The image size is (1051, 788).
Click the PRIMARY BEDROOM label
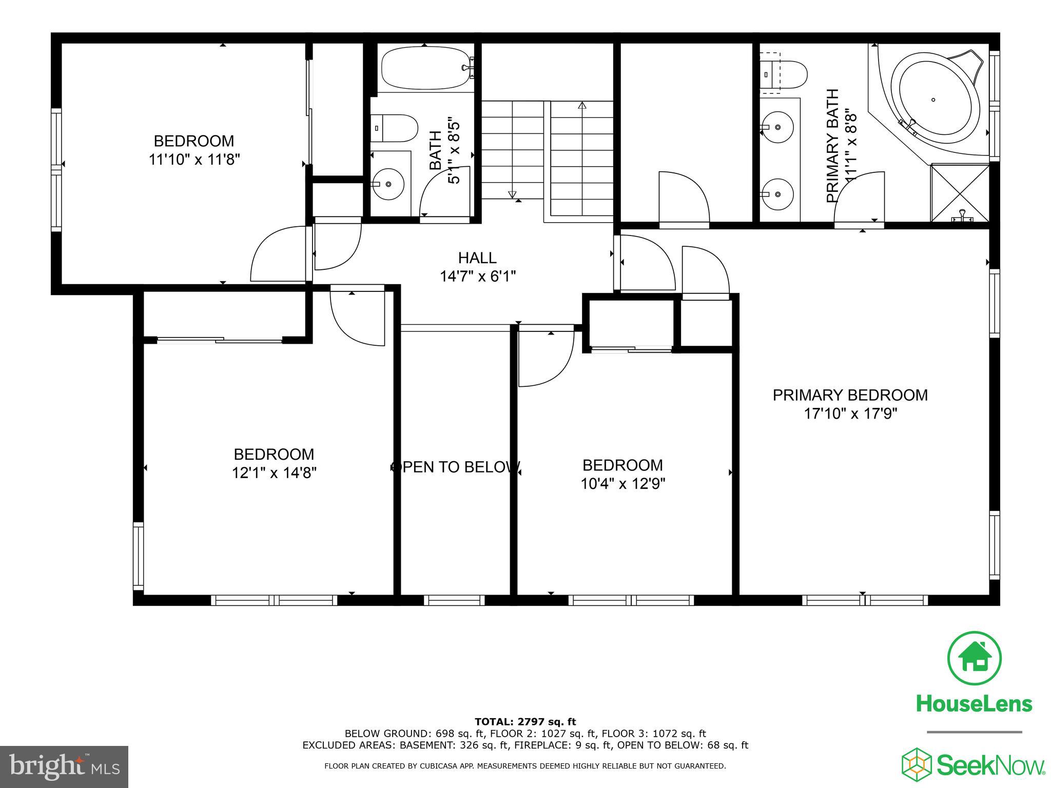point(850,395)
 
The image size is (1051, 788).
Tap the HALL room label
point(477,258)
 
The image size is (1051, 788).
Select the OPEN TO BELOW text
point(456,467)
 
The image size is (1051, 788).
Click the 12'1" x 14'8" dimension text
point(274,472)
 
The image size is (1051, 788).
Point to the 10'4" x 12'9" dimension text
point(622,484)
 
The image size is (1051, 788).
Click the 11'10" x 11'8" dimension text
point(194,160)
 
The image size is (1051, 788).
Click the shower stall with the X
point(960,192)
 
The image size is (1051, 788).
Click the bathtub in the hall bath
point(425,68)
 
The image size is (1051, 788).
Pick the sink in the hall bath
point(388,184)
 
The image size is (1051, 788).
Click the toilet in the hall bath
point(395,128)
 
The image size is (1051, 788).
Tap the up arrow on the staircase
point(582,106)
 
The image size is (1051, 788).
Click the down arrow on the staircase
point(512,194)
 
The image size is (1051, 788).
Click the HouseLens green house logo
point(974,658)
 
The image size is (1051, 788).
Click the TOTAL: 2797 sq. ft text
point(525,722)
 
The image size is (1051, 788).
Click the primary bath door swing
point(859,199)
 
